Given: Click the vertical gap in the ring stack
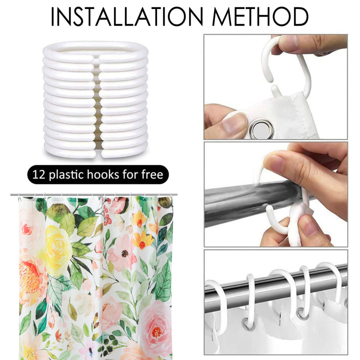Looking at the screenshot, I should point(95,100).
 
